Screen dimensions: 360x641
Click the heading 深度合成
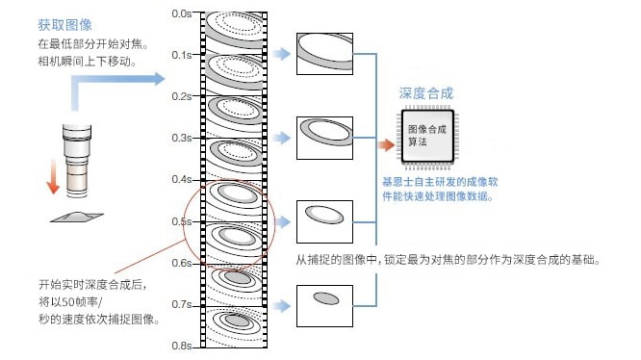(426, 93)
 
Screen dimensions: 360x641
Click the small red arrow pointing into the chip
(386, 145)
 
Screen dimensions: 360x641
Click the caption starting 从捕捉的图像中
(450, 260)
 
